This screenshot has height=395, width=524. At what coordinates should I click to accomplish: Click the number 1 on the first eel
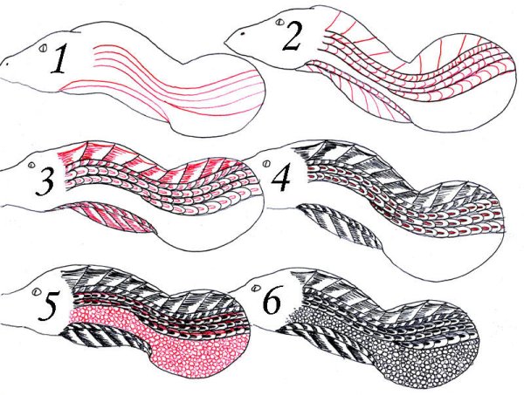pyautogui.click(x=62, y=59)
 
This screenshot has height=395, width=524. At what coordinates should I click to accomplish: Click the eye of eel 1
pyautogui.click(x=43, y=48)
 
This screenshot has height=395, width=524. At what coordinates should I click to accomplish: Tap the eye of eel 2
pyautogui.click(x=280, y=23)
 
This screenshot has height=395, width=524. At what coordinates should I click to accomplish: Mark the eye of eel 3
pyautogui.click(x=32, y=165)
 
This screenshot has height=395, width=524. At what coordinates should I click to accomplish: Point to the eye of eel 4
pyautogui.click(x=266, y=164)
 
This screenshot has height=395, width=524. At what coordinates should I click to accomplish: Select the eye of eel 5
pyautogui.click(x=36, y=292)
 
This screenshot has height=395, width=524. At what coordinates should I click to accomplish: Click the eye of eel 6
pyautogui.click(x=257, y=287)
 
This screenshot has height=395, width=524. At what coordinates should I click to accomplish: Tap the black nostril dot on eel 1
pyautogui.click(x=6, y=64)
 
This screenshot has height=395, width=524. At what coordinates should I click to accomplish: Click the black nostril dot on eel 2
pyautogui.click(x=244, y=34)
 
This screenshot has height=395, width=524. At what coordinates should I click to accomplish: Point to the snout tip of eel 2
pyautogui.click(x=225, y=43)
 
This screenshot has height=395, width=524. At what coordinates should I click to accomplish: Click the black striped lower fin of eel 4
pyautogui.click(x=341, y=226)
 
